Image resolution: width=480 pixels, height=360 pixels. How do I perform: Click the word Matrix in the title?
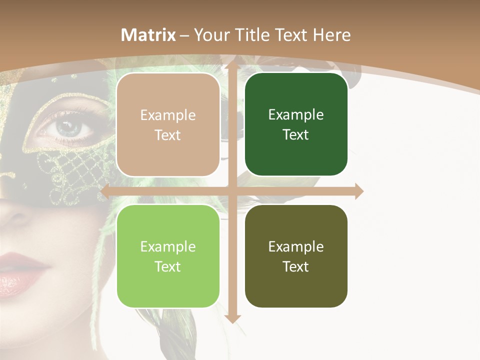(148, 35)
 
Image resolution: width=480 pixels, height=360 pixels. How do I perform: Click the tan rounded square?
(168, 125)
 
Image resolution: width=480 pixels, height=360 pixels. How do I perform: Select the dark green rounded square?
(296, 124)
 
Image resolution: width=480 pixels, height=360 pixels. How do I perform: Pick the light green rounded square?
(168, 256)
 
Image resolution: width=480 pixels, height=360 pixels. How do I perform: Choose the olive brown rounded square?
(296, 256)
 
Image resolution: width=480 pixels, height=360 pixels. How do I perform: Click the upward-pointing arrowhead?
(232, 63)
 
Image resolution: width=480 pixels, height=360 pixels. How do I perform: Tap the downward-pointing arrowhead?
(232, 318)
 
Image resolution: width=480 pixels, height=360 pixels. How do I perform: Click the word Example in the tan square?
(168, 115)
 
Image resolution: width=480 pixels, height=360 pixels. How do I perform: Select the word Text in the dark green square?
(296, 134)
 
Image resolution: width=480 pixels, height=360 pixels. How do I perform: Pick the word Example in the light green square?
(168, 246)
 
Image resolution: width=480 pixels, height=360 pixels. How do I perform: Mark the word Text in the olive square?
(296, 266)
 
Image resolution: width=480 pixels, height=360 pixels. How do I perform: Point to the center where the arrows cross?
(232, 191)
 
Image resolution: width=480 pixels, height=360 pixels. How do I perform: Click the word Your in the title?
(208, 35)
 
